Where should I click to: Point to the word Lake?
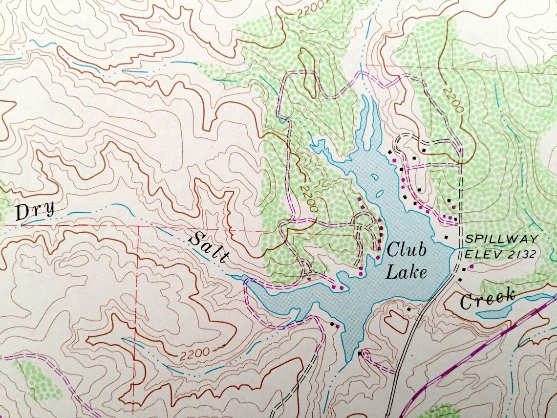tap(406, 271)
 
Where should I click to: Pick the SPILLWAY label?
tap(501, 239)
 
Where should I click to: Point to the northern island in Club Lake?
tap(375, 177)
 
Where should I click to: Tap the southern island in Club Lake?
tap(378, 193)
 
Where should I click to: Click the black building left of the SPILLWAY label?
tap(445, 237)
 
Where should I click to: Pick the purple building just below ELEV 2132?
tap(471, 266)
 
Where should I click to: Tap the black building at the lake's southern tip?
tap(359, 353)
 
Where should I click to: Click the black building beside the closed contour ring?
tap(408, 309)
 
